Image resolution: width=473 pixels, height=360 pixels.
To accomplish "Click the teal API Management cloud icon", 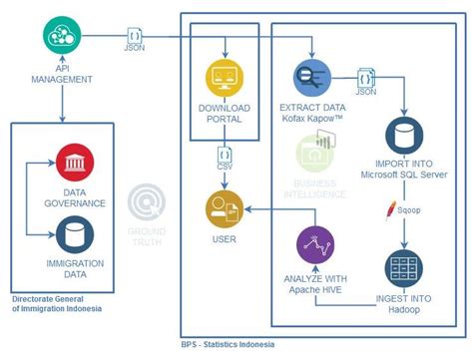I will point(63,38).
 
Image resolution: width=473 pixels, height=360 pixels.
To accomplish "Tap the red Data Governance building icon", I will point(75,161).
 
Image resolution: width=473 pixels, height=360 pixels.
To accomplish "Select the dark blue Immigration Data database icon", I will point(75,233).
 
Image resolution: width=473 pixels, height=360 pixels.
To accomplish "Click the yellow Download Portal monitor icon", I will point(225,77).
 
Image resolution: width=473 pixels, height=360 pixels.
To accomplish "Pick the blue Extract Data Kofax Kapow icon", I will point(311,75).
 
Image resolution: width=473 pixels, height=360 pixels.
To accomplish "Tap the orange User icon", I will point(224,209).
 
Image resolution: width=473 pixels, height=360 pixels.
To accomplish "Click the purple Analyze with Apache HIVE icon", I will point(314,245).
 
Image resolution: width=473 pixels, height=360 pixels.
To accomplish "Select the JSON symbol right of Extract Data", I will point(365,80).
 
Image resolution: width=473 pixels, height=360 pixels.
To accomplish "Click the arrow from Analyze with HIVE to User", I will point(269,210).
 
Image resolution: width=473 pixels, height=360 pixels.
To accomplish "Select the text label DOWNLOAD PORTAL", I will point(225,113).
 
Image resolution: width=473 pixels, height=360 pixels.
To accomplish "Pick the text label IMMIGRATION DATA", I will point(75,268).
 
